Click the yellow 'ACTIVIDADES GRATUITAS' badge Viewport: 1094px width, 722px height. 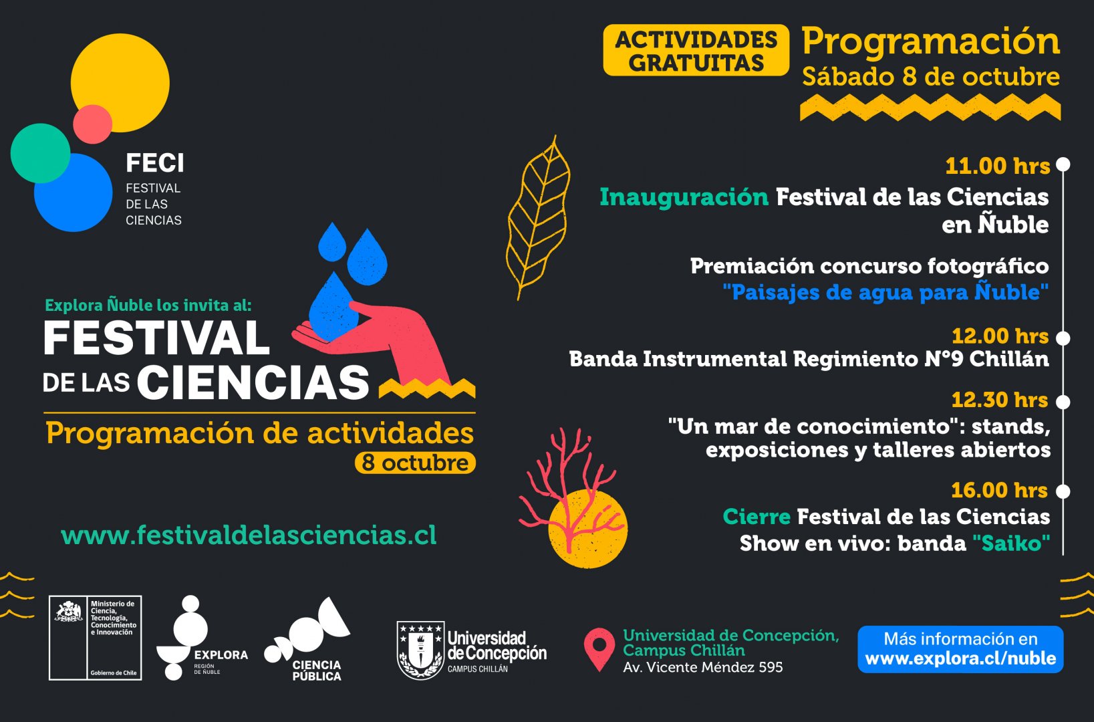point(696,50)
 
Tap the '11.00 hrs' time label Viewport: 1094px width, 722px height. point(997,166)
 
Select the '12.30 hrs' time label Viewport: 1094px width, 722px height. point(1000,400)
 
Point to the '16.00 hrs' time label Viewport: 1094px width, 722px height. point(1000,490)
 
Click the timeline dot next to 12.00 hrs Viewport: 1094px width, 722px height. point(1063,338)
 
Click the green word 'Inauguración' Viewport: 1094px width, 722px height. point(684,197)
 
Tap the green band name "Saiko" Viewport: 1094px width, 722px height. point(1011,544)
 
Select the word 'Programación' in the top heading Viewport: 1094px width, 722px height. point(931,42)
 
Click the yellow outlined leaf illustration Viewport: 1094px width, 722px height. point(538,217)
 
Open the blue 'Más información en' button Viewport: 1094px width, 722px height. point(960,649)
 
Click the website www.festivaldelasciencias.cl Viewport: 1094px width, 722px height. point(249,535)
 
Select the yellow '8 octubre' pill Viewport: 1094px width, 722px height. point(415,463)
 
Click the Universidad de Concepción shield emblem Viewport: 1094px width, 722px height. point(420,650)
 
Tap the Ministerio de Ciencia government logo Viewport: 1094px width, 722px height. point(96,638)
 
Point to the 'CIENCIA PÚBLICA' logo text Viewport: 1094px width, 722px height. point(317,671)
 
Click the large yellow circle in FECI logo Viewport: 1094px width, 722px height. point(120,82)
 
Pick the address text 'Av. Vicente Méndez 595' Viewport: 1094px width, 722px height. point(703,667)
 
